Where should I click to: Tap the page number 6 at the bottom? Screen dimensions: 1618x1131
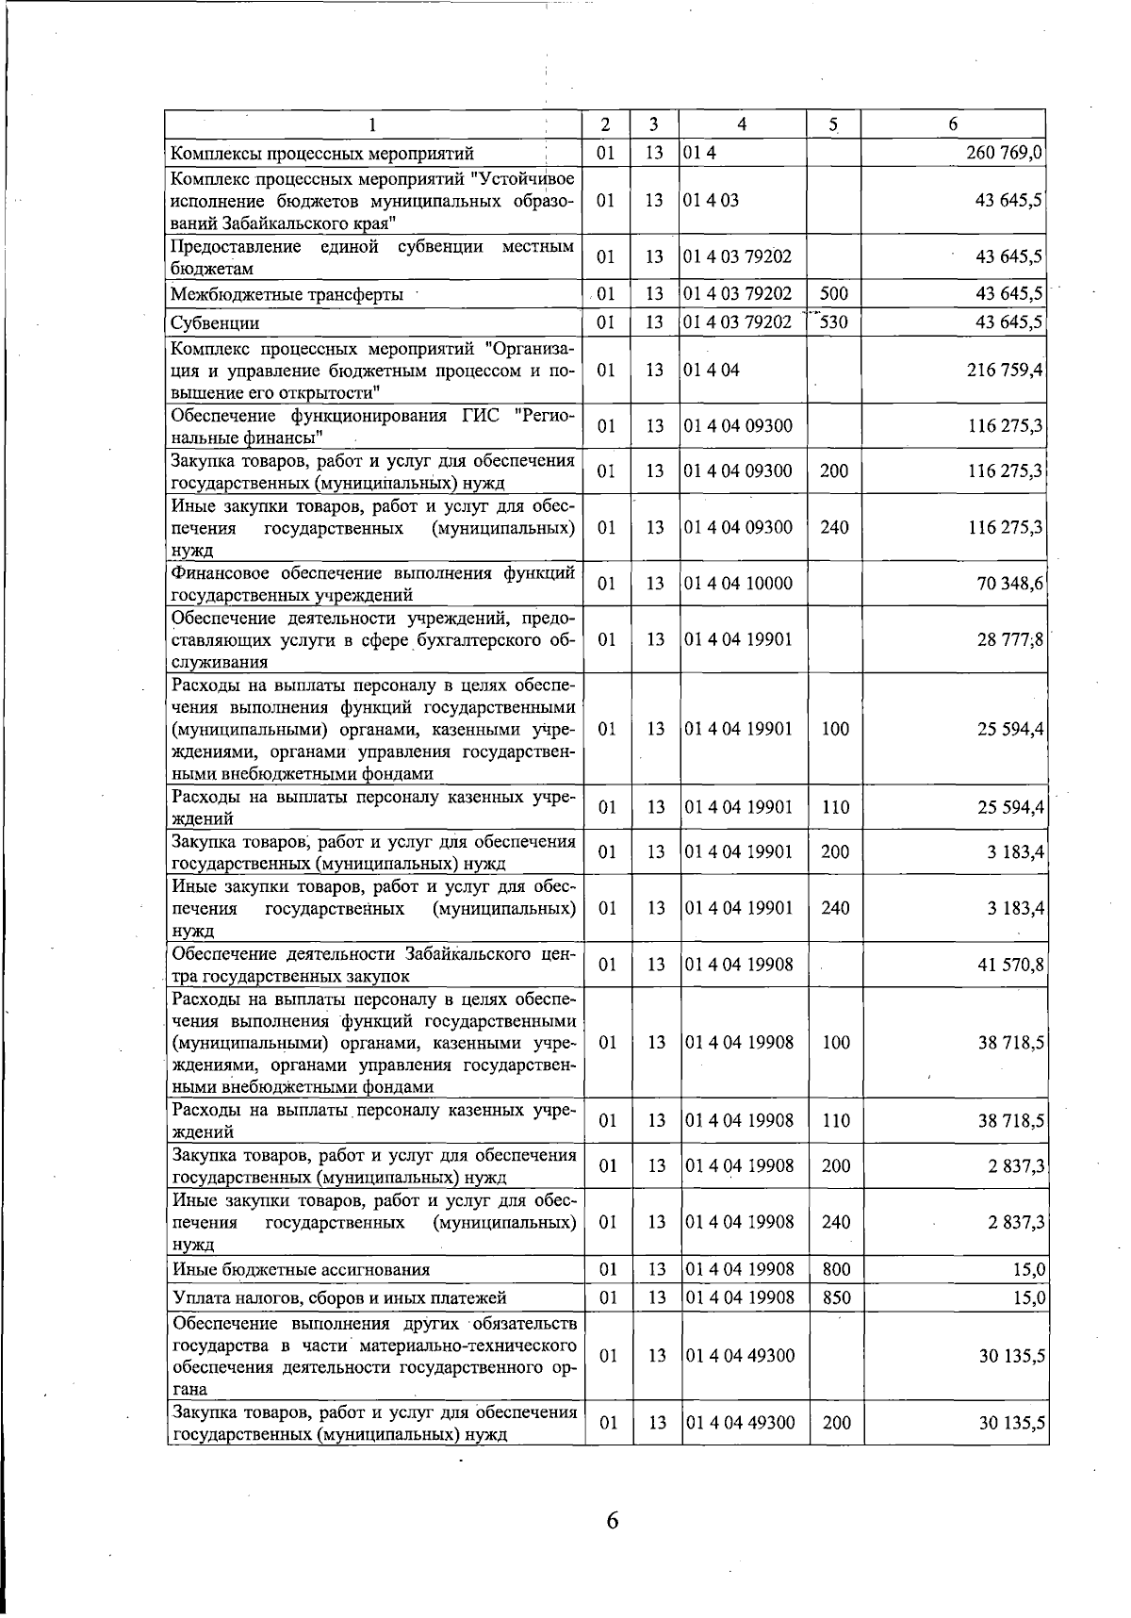[x=612, y=1520]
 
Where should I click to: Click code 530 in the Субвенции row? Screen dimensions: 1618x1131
[x=834, y=322]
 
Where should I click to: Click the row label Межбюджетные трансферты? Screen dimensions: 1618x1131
[x=287, y=295]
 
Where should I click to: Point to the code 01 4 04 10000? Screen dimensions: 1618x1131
[x=739, y=584]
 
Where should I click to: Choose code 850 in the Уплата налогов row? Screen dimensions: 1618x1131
[x=836, y=1297]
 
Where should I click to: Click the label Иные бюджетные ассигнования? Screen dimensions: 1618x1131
[x=301, y=1270]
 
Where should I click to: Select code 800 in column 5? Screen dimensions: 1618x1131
[x=836, y=1270]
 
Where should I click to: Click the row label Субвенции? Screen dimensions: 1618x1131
[x=215, y=323]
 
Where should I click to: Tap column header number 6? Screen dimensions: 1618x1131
[x=953, y=124]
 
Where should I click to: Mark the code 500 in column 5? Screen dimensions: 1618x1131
[x=834, y=294]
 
